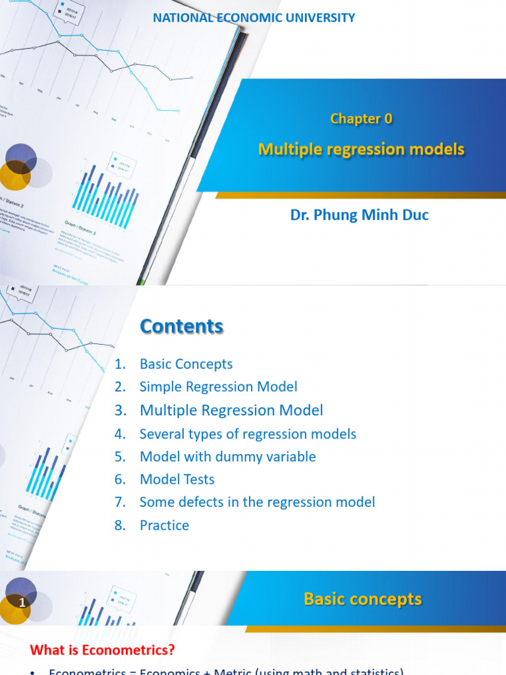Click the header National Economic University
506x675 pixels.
pos(254,18)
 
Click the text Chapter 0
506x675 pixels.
pos(361,119)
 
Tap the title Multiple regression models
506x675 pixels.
pos(361,150)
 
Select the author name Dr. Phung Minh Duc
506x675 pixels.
pos(359,215)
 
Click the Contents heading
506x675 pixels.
pos(181,326)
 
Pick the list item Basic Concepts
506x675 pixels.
pos(186,364)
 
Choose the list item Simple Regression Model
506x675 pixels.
pos(218,387)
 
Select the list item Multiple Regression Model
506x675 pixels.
pos(231,410)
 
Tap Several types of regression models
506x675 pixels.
pos(248,434)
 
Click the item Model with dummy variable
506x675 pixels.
pos(227,457)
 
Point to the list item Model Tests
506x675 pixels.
pos(177,479)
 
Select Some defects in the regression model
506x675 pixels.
pos(257,502)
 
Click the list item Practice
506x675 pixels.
pos(164,525)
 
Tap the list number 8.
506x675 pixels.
pos(119,525)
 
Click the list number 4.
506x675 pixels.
pos(119,434)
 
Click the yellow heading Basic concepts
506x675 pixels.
pos(362,599)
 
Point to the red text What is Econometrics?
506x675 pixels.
pos(103,650)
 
